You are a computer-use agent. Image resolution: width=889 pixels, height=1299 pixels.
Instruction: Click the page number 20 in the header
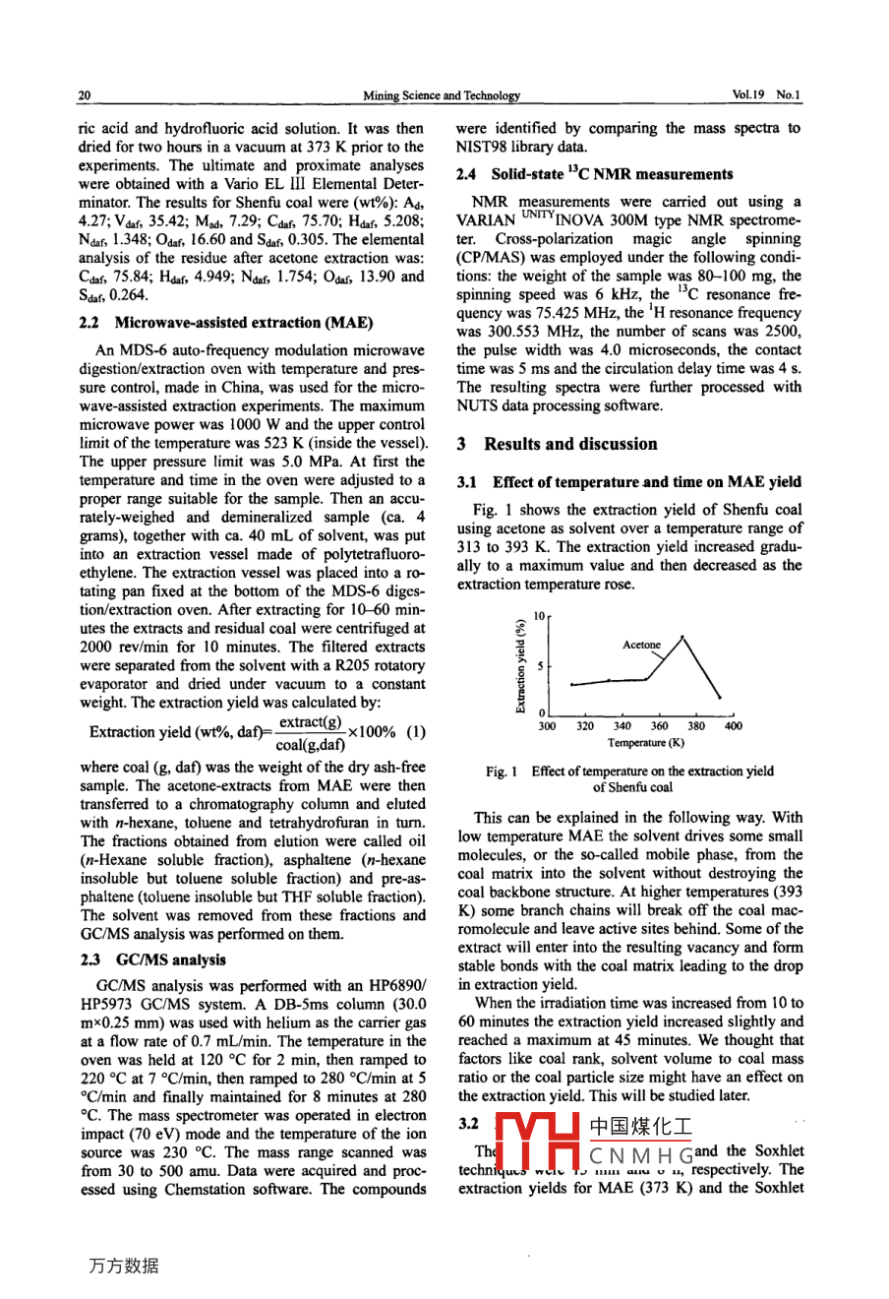[x=85, y=95]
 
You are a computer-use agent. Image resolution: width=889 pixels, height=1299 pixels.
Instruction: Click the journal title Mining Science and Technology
[x=441, y=95]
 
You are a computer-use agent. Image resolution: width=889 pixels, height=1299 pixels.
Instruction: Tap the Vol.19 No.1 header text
[x=766, y=95]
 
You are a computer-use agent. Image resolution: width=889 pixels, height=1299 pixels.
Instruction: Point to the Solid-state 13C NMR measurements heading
[x=612, y=175]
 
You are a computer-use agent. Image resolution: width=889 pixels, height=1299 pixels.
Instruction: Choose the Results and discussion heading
[x=570, y=444]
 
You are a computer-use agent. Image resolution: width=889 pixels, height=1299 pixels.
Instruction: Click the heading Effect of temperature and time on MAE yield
[x=646, y=482]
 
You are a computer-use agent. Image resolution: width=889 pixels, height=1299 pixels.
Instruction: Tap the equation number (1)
[x=416, y=732]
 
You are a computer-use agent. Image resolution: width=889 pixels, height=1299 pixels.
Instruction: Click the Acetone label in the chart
[x=641, y=645]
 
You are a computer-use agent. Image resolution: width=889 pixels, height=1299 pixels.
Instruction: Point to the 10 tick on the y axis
[x=538, y=616]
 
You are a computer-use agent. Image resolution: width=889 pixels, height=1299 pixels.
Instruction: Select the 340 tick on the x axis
[x=622, y=726]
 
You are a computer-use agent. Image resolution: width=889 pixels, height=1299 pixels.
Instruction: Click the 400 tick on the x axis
[x=733, y=726]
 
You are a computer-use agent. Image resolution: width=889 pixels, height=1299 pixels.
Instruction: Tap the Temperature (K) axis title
[x=645, y=743]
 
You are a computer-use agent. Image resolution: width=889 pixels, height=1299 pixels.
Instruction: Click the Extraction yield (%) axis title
[x=520, y=665]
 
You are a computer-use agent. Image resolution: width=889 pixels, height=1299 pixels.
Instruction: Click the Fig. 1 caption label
[x=502, y=772]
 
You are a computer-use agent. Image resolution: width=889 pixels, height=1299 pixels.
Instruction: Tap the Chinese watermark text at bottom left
[x=123, y=1267]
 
